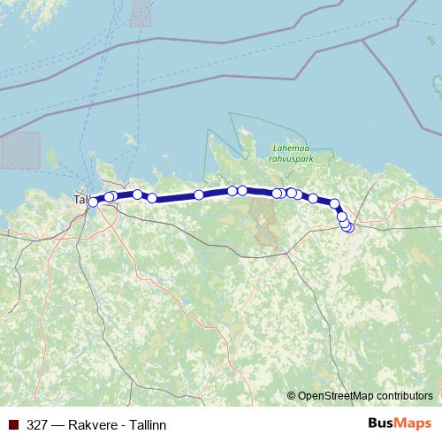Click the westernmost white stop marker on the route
click(x=93, y=202)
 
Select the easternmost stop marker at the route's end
click(x=349, y=228)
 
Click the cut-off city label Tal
click(x=80, y=200)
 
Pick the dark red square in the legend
click(x=12, y=423)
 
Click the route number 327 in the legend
click(x=37, y=423)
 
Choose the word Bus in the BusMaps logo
click(x=381, y=423)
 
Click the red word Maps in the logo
click(x=414, y=423)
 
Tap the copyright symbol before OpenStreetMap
click(x=292, y=396)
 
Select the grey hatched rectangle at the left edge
click(x=19, y=149)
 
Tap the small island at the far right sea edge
click(x=437, y=84)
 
